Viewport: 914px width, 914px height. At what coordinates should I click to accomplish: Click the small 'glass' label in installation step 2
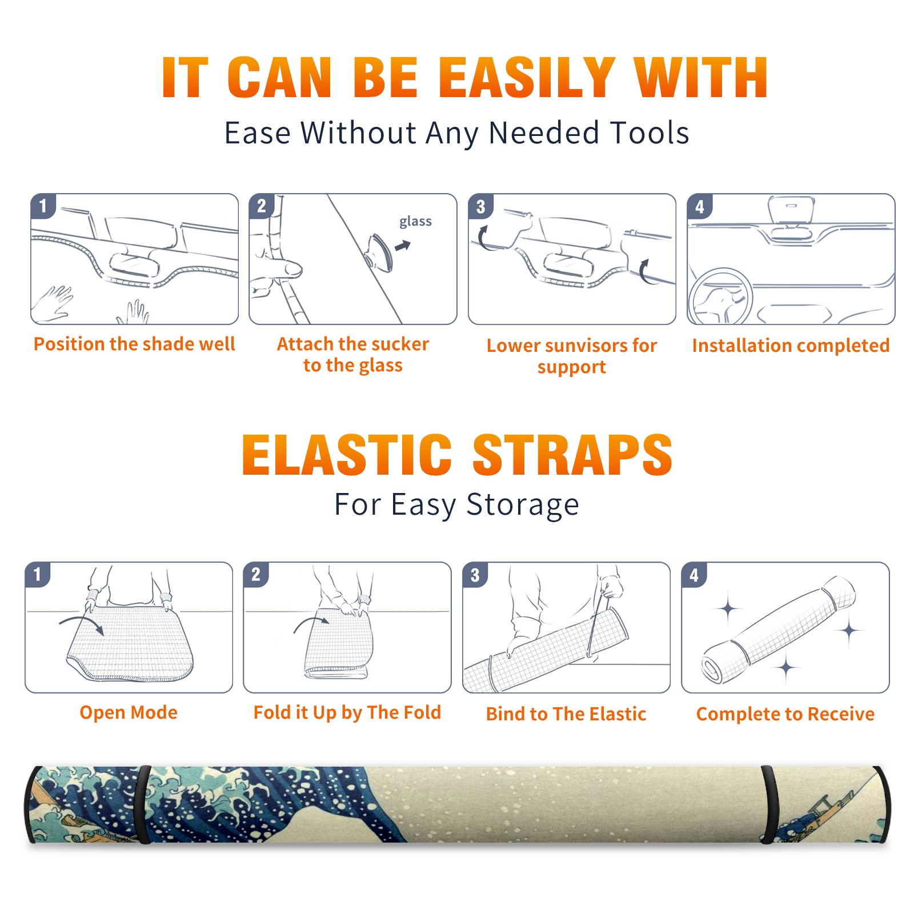pos(415,222)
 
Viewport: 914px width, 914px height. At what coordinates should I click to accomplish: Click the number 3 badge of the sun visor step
pos(480,206)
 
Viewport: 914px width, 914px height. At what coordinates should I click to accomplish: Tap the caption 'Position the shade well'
pos(134,344)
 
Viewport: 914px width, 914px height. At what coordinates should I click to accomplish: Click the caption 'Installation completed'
pos(791,345)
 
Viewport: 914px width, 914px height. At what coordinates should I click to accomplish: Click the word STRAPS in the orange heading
pos(572,455)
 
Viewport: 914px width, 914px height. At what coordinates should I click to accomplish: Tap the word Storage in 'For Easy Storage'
pos(523,505)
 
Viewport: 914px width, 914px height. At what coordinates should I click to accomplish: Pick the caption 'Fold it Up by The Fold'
pos(347,712)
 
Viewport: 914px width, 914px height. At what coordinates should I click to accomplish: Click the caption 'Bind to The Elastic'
pos(566,714)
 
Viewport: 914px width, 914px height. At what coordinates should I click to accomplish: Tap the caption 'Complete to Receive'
pos(785,714)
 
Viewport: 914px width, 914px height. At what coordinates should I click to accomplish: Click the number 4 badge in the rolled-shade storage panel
pos(694,575)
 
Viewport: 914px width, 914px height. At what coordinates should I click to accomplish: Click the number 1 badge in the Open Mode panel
pos(38,574)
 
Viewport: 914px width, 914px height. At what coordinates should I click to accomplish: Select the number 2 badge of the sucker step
pos(262,206)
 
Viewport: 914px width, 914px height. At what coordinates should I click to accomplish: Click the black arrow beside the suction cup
pos(403,246)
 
